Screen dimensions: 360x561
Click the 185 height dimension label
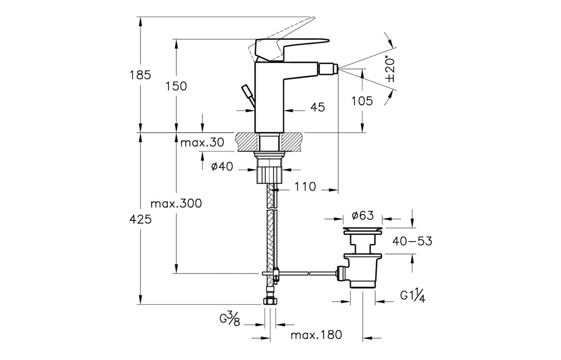(140, 75)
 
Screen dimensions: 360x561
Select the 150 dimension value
(176, 86)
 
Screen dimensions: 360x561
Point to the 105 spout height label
(363, 101)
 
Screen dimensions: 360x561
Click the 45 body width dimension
(317, 108)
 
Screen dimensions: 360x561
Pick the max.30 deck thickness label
(202, 143)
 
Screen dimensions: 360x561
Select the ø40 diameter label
(222, 166)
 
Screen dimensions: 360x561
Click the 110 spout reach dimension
(305, 187)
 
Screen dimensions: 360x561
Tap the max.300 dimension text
(176, 203)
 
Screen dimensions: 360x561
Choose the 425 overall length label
(141, 219)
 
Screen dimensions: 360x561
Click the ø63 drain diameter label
(363, 215)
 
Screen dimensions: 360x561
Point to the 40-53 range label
(412, 241)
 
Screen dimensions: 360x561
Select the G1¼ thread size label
(412, 295)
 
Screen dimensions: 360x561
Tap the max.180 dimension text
(316, 335)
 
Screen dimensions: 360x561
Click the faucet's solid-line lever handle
(291, 46)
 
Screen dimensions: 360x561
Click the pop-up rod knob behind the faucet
(247, 91)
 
